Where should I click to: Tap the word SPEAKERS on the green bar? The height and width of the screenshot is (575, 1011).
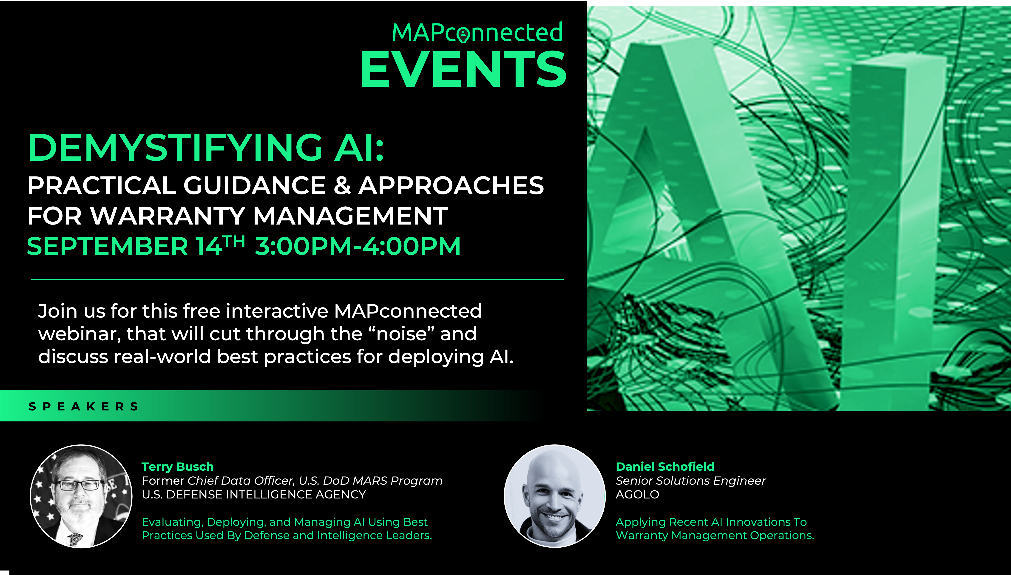coord(83,406)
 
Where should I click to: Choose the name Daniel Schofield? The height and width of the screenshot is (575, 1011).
coord(665,466)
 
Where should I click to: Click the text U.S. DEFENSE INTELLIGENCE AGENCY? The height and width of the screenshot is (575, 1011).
coord(254,494)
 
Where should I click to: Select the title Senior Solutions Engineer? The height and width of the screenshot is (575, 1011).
coord(690,481)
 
